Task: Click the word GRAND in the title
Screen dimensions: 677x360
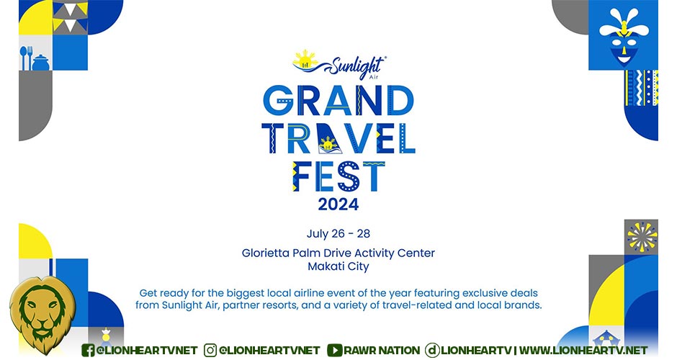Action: tap(338, 101)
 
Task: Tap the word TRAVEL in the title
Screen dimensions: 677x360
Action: tap(338, 138)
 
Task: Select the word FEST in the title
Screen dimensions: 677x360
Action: tap(338, 176)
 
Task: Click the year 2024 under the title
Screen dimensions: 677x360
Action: tap(338, 204)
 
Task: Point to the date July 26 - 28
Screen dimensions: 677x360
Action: tap(338, 233)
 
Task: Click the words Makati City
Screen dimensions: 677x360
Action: tap(338, 266)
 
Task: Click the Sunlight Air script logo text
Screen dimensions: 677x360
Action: tap(357, 67)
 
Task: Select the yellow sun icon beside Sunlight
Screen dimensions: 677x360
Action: tap(305, 60)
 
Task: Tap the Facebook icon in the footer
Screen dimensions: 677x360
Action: tap(88, 350)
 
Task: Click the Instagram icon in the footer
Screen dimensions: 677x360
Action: tap(210, 350)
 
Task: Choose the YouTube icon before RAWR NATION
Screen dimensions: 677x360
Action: tap(335, 350)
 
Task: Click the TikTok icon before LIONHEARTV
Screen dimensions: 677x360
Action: tap(431, 350)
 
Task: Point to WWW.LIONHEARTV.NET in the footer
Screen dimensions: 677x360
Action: tap(583, 350)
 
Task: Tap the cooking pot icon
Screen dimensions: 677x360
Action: tap(40, 63)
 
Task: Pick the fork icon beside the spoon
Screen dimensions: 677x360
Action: tap(30, 58)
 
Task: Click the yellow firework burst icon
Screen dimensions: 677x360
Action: tap(642, 237)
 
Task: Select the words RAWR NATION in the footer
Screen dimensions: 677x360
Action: tap(382, 350)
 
